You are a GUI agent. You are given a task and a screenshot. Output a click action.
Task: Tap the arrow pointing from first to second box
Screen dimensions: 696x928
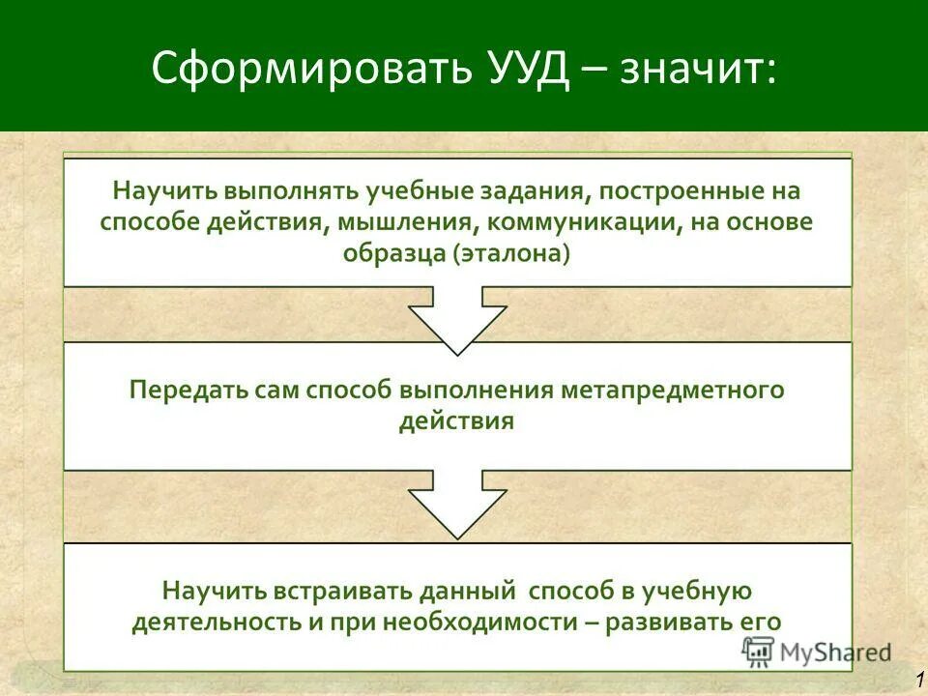click(x=457, y=319)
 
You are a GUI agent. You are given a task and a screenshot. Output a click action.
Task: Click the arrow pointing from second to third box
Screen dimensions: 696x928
click(x=457, y=503)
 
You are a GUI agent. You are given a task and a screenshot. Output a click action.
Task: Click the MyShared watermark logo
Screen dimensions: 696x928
click(x=817, y=652)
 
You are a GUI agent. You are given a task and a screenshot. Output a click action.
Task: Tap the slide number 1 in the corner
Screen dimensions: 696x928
click(x=918, y=680)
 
